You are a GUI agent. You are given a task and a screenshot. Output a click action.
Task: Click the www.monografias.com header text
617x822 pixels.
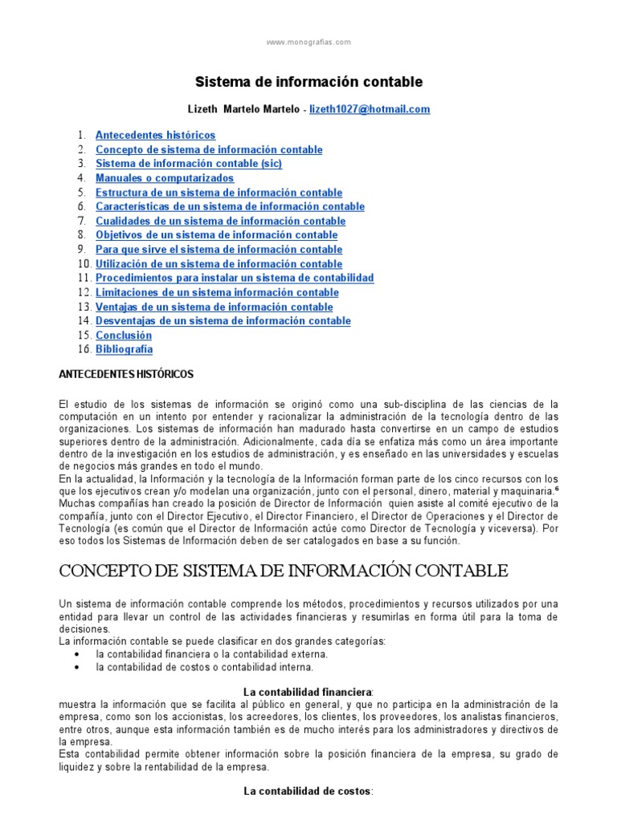pos(308,43)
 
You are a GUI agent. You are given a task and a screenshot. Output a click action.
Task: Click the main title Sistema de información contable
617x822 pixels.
pos(308,82)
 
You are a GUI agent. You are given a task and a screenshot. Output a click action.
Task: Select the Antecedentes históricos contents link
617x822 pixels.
pos(155,135)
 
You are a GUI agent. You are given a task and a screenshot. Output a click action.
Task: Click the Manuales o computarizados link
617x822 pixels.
pos(165,178)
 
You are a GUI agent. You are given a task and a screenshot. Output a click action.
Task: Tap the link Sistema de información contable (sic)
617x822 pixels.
pos(189,164)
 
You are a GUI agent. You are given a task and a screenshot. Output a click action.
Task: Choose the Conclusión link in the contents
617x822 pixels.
pos(124,336)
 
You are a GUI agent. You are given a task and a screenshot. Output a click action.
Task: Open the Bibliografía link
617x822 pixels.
pos(124,350)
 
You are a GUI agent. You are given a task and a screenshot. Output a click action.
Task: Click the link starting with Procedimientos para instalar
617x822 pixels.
pos(235,278)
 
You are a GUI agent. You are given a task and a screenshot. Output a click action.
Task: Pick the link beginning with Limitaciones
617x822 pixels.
pos(217,292)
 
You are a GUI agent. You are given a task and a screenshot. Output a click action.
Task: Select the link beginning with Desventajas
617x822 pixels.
pos(223,321)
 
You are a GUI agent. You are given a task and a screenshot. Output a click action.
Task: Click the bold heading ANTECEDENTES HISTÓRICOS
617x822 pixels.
pos(127,375)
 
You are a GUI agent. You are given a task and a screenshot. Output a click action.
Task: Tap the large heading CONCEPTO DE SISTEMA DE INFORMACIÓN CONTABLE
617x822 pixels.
pos(284,572)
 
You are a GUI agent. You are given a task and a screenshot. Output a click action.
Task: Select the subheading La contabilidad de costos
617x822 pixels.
pos(308,791)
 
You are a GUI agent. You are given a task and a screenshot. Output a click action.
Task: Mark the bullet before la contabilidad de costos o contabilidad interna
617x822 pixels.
pos(76,667)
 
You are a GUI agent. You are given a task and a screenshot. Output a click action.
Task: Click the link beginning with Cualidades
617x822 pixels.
pos(220,221)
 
